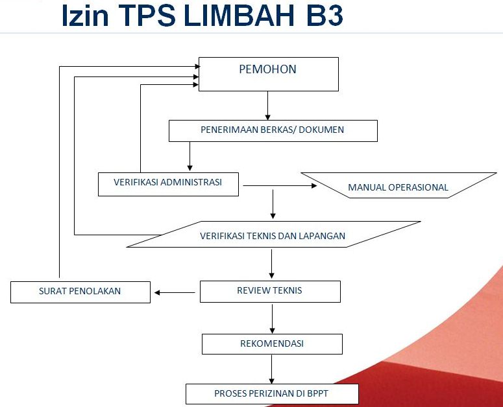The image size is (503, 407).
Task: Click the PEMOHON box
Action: pyautogui.click(x=269, y=74)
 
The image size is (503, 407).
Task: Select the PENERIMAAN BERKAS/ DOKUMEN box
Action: pyautogui.click(x=273, y=131)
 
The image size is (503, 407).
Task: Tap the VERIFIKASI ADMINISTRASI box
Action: pyautogui.click(x=168, y=184)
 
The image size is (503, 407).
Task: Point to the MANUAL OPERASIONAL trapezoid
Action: pyautogui.click(x=399, y=185)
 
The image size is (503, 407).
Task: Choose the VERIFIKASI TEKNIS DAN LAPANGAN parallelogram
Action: pyautogui.click(x=273, y=234)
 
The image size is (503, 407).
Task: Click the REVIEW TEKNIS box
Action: pyautogui.click(x=270, y=292)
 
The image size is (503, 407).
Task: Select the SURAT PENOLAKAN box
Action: pyautogui.click(x=80, y=292)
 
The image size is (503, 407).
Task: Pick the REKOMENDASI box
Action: pyautogui.click(x=272, y=344)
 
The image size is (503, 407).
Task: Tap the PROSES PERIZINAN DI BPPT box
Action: pyautogui.click(x=272, y=394)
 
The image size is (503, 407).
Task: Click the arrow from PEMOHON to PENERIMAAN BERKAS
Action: pyautogui.click(x=267, y=106)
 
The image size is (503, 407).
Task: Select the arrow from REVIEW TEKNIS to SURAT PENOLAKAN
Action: pyautogui.click(x=175, y=292)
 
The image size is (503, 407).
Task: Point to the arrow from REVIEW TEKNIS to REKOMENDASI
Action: pyautogui.click(x=272, y=319)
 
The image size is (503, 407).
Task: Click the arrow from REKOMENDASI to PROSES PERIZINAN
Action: pyautogui.click(x=271, y=369)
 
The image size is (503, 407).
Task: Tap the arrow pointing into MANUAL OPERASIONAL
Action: pyautogui.click(x=280, y=185)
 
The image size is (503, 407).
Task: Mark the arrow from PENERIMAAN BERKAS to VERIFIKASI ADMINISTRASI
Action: pyautogui.click(x=190, y=156)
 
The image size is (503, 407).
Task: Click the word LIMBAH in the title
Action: pyautogui.click(x=239, y=15)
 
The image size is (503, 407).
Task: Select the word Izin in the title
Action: pyautogui.click(x=85, y=15)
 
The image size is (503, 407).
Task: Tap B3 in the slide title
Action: pyautogui.click(x=325, y=15)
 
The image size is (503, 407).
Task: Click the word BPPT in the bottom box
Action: pyautogui.click(x=317, y=393)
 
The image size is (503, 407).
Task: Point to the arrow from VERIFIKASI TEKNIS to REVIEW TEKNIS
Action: pyautogui.click(x=271, y=264)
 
